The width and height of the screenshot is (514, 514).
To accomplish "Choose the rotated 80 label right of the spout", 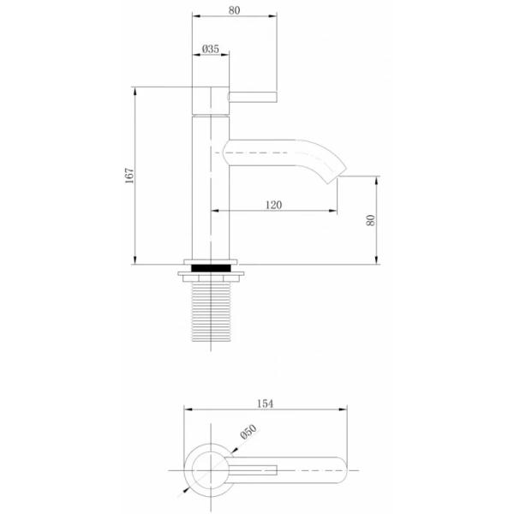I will pos(370,220).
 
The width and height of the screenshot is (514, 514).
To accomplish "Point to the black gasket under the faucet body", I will pos(210,266).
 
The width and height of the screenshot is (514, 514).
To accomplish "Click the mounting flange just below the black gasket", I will pos(210,276).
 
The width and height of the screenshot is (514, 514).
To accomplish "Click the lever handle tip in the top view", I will pos(276,469).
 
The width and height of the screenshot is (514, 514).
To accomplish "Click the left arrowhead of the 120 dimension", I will pos(215,211).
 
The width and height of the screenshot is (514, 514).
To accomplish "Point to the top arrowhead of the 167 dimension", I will pos(135,90).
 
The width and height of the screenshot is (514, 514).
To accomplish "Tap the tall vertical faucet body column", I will pos(210,188).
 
